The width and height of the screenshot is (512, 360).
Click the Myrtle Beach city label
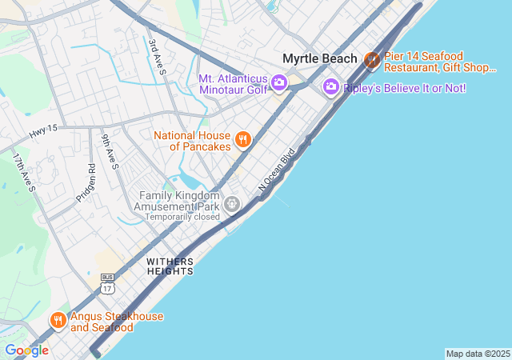tap(319, 59)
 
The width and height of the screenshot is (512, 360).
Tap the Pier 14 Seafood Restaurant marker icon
tap(371, 60)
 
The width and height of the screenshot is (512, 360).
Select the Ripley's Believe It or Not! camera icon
tap(331, 86)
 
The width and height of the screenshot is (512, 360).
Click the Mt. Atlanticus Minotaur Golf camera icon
tap(279, 82)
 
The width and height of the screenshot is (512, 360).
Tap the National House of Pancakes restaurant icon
tap(244, 141)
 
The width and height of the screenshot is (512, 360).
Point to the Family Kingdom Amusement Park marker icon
tap(232, 205)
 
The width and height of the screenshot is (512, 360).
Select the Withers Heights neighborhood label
tap(170, 266)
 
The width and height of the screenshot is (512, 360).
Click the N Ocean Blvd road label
tap(277, 169)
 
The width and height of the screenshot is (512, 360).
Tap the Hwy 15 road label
tap(44, 129)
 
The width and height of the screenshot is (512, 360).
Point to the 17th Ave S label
tap(24, 173)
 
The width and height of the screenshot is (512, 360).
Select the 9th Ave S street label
tap(110, 152)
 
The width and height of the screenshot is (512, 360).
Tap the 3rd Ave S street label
tap(156, 57)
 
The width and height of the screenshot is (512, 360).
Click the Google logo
tap(26, 350)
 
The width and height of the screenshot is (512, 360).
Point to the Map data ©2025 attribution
tap(478, 354)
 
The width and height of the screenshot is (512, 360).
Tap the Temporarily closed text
tap(182, 217)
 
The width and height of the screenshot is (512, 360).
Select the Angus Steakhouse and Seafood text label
tap(117, 322)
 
